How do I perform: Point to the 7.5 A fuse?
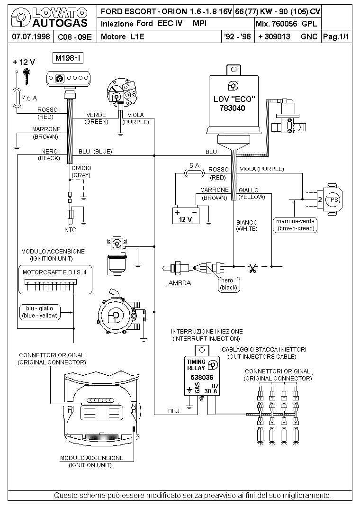[18, 98]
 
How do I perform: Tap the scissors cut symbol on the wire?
[252, 269]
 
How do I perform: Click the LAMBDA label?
[178, 283]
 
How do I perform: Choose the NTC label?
[70, 230]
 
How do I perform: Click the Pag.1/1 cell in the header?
[336, 36]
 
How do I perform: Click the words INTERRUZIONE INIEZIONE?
[207, 331]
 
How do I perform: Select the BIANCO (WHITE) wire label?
[247, 225]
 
